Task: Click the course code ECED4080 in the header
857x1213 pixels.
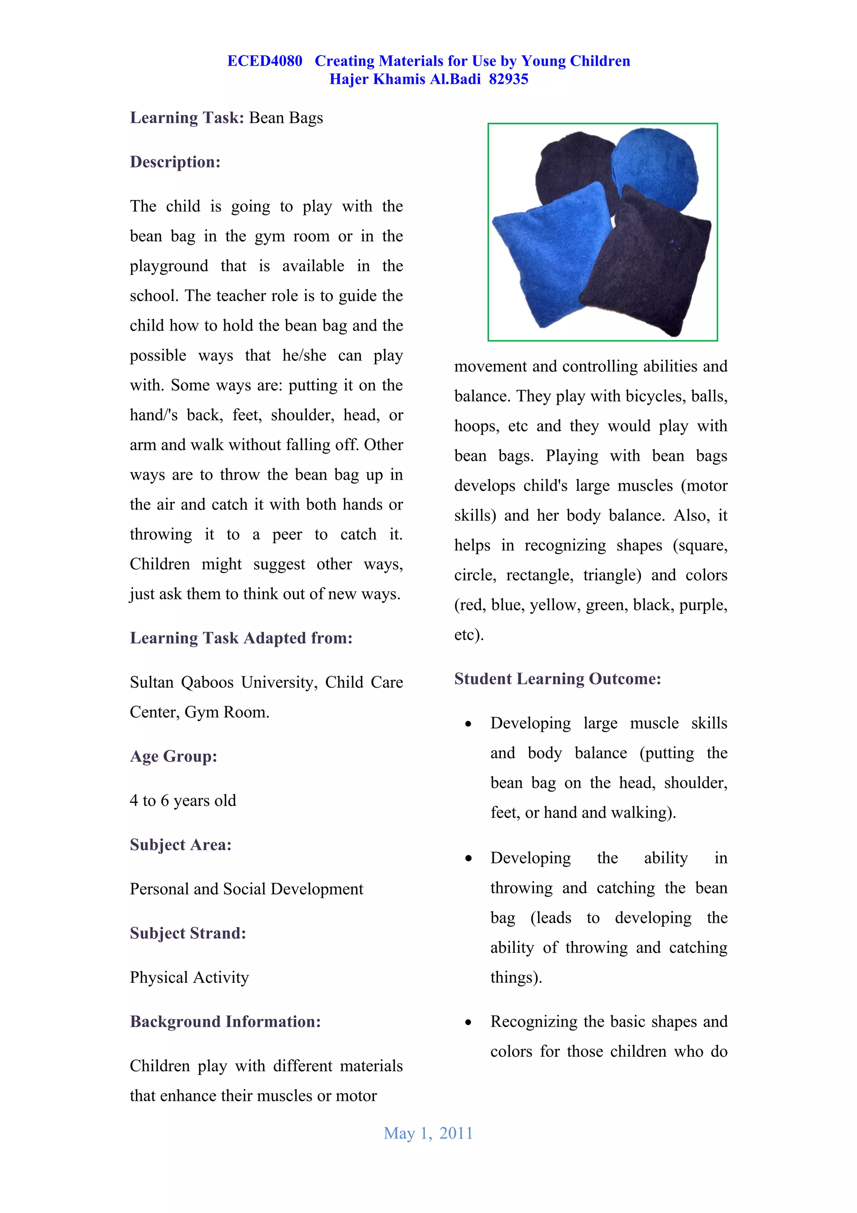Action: click(x=264, y=61)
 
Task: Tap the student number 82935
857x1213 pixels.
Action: click(x=508, y=79)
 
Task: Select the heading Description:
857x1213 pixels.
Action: click(x=175, y=162)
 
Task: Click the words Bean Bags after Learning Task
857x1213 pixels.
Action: click(x=286, y=118)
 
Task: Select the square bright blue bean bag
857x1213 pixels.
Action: click(x=549, y=254)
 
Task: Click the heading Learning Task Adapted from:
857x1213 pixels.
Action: click(x=241, y=638)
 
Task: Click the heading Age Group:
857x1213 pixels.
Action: click(x=173, y=756)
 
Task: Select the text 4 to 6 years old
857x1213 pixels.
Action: click(x=183, y=800)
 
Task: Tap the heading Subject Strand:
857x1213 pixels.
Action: click(x=187, y=933)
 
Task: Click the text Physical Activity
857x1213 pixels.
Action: click(x=189, y=977)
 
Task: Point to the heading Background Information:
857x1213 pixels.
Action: click(x=225, y=1021)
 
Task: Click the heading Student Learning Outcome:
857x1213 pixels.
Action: click(x=557, y=678)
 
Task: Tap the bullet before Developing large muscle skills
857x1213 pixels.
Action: click(x=468, y=724)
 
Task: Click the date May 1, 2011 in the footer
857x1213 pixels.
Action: click(x=428, y=1133)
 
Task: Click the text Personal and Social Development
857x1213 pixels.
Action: click(x=246, y=889)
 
